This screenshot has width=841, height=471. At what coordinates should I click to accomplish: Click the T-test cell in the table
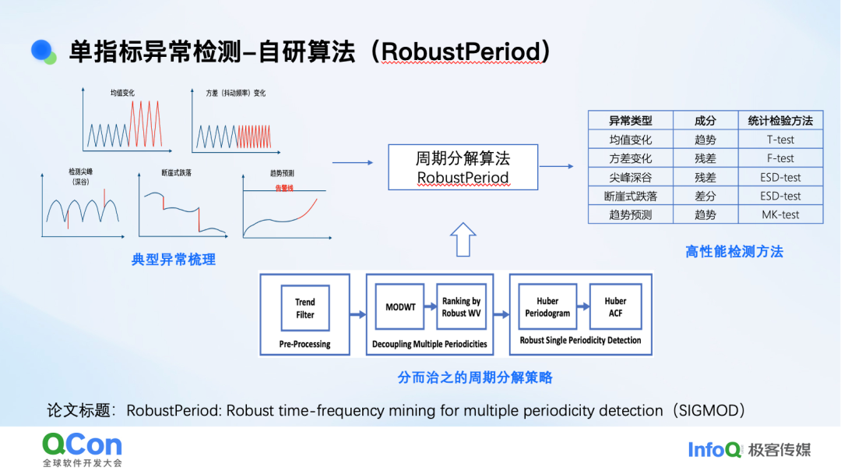pos(780,140)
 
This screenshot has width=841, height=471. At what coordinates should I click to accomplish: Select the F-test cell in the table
pos(780,158)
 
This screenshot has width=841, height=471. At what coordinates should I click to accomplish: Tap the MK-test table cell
pos(780,214)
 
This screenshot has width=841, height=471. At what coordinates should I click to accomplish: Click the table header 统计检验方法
pos(780,121)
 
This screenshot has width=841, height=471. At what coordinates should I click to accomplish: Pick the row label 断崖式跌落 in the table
pos(630,196)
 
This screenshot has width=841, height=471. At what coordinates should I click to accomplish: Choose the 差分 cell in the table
pos(705,196)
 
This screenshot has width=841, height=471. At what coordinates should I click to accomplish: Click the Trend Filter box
pos(305,309)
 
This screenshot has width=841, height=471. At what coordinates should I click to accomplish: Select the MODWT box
pos(401,307)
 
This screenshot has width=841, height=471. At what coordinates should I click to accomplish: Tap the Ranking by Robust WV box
pos(461,307)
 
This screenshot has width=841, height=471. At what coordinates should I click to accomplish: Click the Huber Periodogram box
pos(547,307)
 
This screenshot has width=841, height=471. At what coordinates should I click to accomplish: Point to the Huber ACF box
pos(615,307)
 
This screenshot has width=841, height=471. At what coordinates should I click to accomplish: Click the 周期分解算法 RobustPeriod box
pos(463,168)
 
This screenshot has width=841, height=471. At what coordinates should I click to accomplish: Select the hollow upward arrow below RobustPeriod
pos(463,239)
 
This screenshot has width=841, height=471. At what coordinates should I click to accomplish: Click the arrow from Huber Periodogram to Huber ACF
pos(582,307)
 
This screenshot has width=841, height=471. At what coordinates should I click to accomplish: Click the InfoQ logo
pos(714,449)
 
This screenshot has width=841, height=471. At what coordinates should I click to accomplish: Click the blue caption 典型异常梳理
pos(174,260)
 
